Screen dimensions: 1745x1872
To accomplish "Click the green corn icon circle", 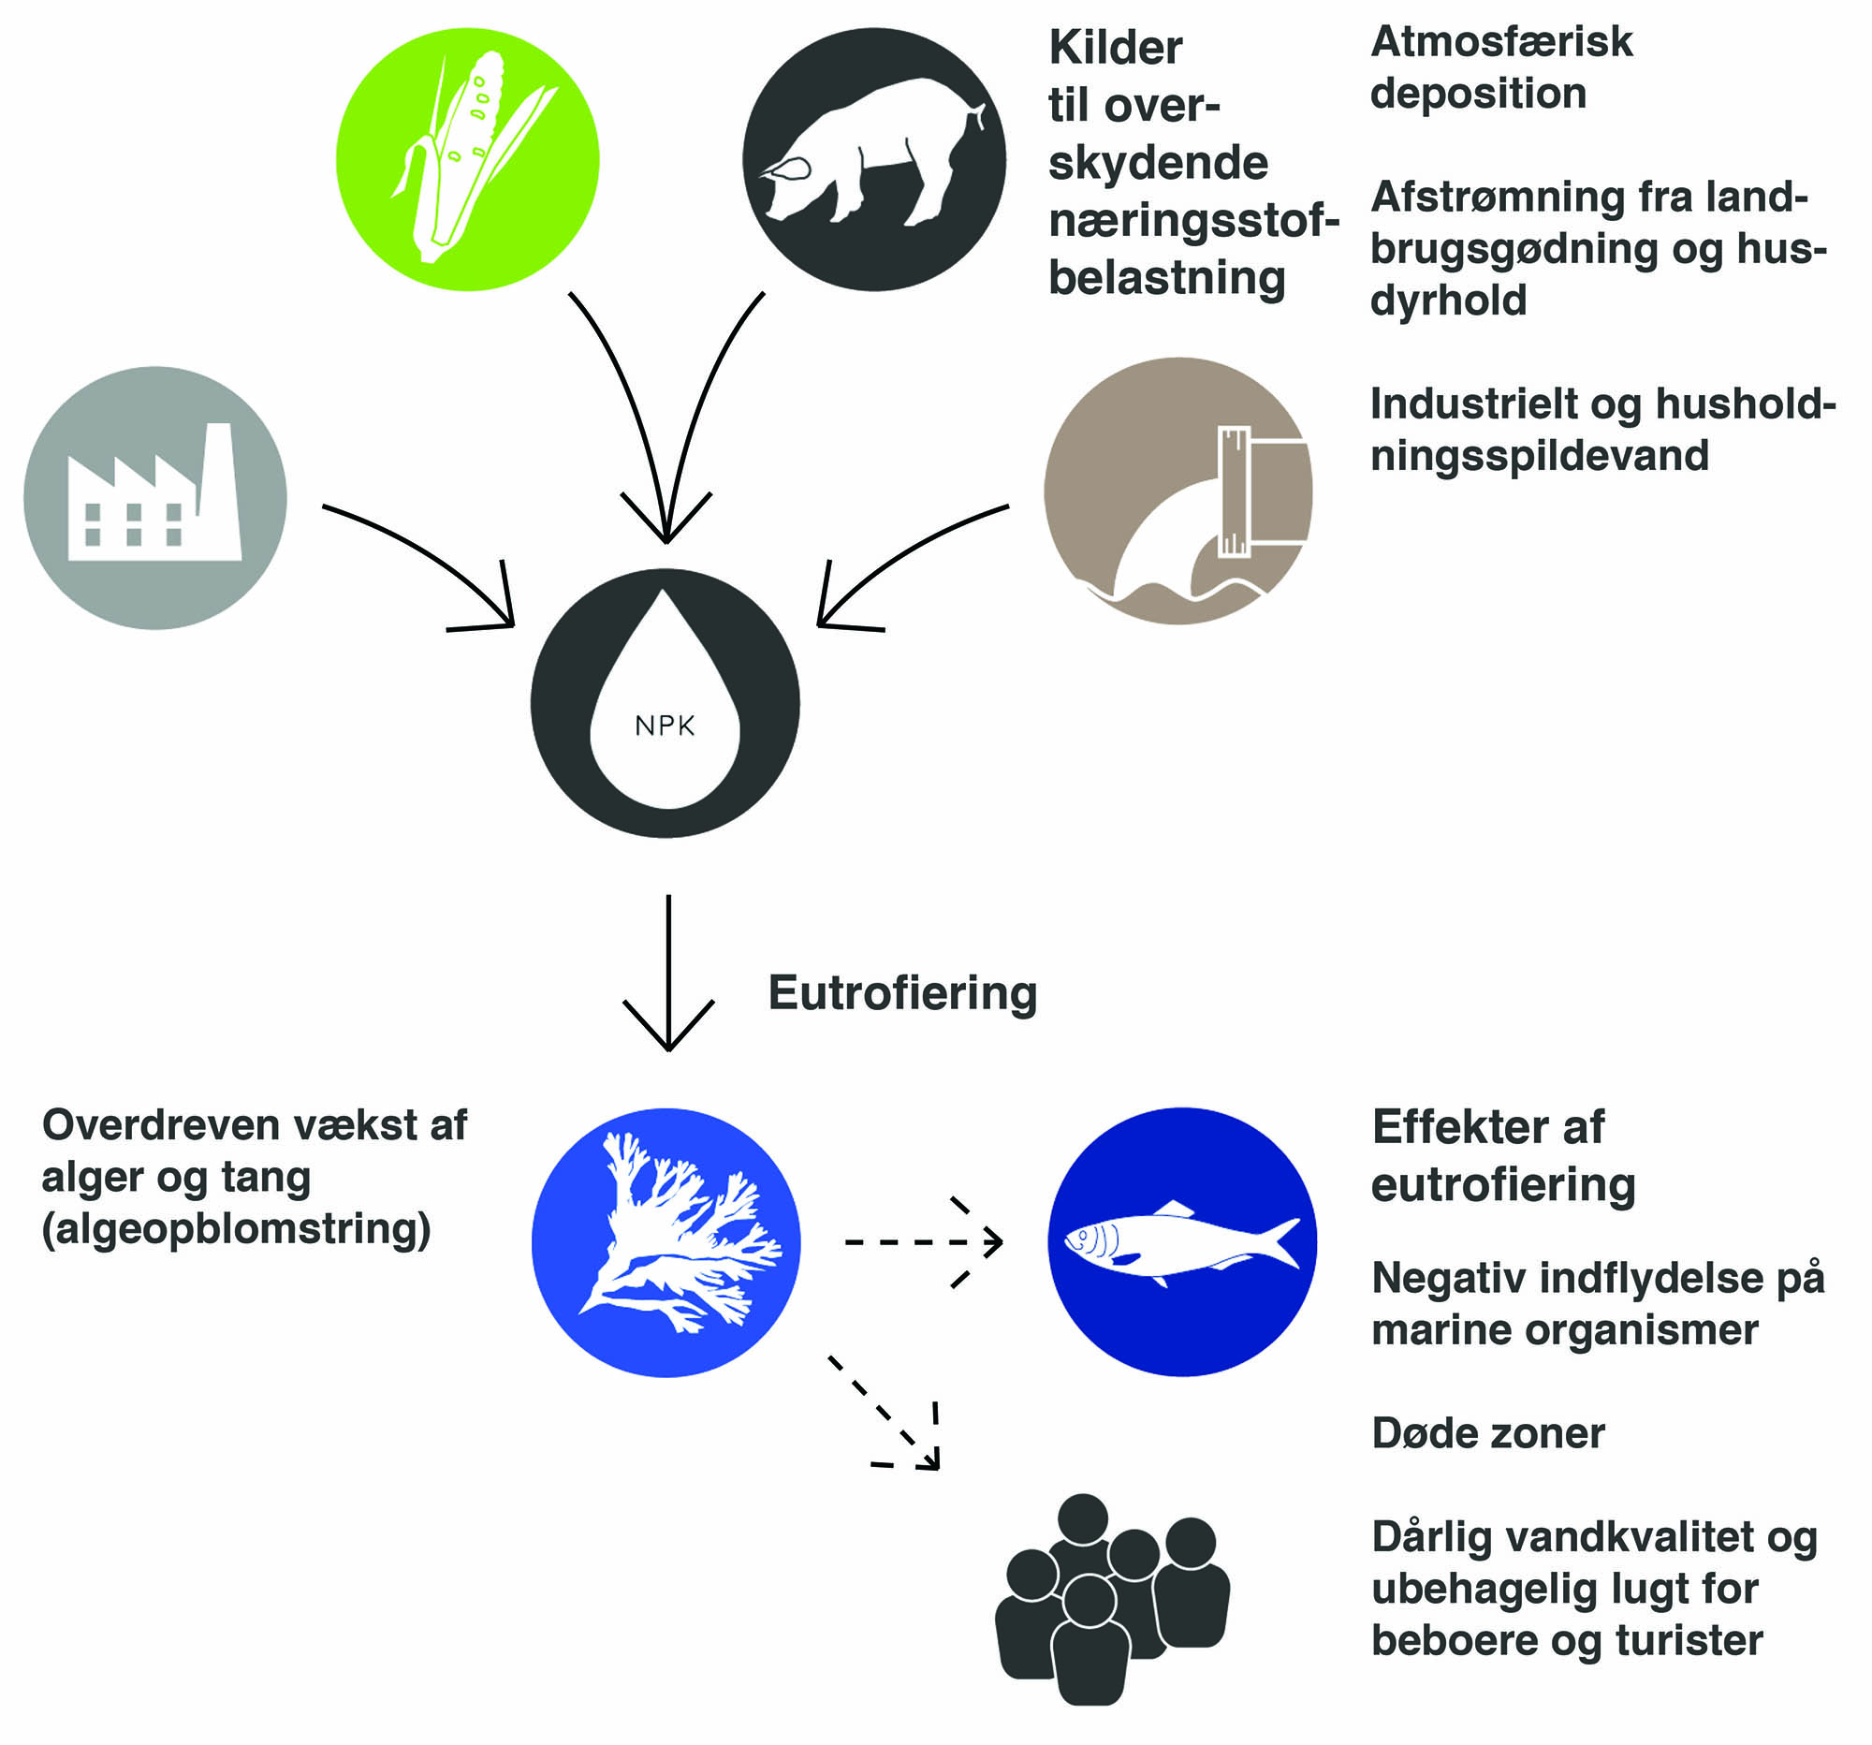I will (x=467, y=158).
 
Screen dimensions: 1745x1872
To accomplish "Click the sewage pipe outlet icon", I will (x=1179, y=491).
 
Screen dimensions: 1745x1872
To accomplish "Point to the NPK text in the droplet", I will (x=665, y=726).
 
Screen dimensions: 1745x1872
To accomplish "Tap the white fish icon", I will (x=1181, y=1242).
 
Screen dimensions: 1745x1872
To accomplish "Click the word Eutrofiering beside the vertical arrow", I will (x=902, y=993).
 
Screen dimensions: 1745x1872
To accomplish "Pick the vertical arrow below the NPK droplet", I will (x=668, y=970).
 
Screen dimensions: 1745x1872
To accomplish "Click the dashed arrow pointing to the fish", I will (x=923, y=1242).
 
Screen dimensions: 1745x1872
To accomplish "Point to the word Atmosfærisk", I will (x=1501, y=42).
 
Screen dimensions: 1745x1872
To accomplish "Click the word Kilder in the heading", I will (x=1116, y=48).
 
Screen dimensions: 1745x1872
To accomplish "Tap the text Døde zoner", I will (x=1488, y=1433).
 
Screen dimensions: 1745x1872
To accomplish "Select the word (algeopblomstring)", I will (x=237, y=1228).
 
